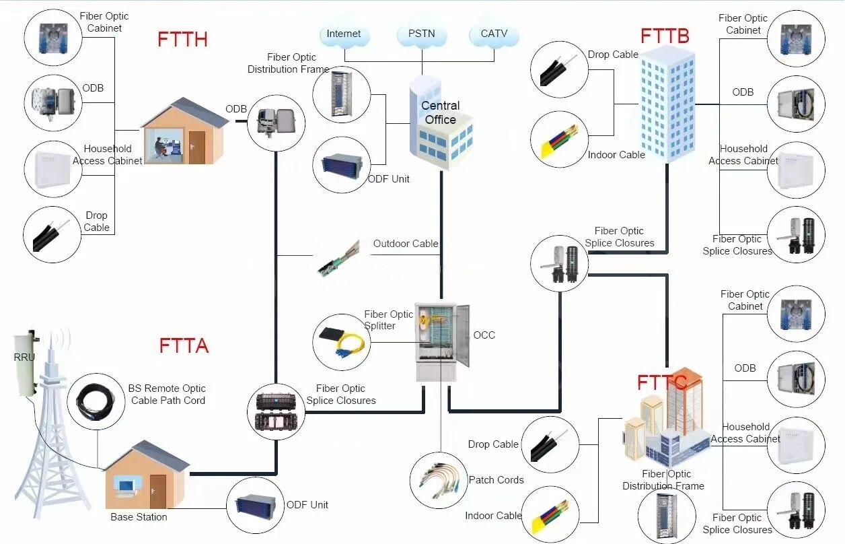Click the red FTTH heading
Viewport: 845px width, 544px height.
182,39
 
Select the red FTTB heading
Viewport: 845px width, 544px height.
665,36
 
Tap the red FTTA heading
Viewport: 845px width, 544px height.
184,345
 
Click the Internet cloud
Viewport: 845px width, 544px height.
344,34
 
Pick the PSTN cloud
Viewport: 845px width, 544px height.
421,34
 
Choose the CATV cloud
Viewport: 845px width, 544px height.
494,34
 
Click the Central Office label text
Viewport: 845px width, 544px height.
440,112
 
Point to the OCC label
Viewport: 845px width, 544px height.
484,335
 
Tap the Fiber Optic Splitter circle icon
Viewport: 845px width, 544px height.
341,341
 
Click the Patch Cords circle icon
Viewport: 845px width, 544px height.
439,480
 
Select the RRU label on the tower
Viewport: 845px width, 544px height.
24,357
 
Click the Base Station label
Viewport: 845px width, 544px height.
139,517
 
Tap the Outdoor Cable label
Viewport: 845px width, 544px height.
406,244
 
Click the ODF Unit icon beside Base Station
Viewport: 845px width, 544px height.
255,505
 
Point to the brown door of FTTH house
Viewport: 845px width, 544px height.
196,147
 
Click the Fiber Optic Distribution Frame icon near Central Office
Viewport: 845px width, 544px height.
341,94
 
